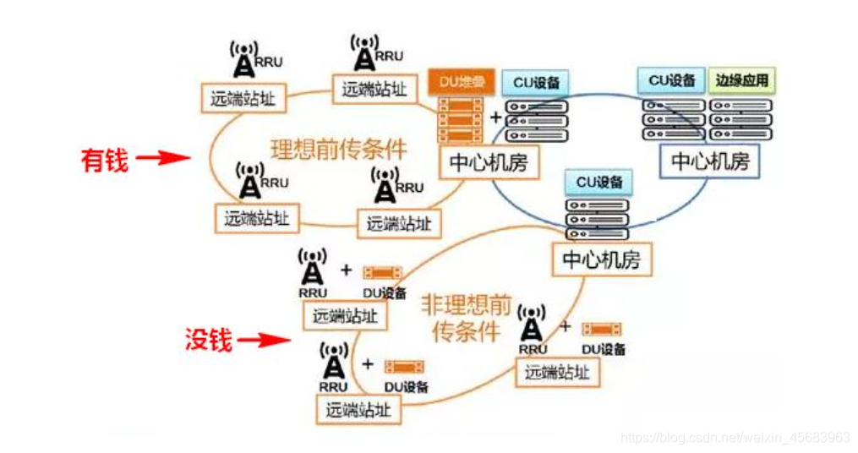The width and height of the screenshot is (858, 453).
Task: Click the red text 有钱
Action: [104, 159]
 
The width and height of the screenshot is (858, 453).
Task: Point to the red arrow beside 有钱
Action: [161, 157]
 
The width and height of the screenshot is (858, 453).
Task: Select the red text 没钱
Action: [207, 340]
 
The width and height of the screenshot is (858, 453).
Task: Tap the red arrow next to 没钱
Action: [261, 341]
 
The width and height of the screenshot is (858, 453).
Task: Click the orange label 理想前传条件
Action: [339, 149]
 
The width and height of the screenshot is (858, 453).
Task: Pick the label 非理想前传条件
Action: [466, 318]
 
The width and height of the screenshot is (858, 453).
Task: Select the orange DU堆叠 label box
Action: [461, 81]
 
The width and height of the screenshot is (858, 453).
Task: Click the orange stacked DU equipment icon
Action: [461, 119]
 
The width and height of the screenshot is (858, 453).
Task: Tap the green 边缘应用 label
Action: [742, 81]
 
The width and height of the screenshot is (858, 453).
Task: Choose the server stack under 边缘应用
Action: [742, 119]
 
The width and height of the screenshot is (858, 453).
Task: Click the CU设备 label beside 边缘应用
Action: [672, 80]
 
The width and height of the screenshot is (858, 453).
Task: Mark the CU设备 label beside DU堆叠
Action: [536, 83]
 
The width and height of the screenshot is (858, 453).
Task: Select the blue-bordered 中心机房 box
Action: [710, 160]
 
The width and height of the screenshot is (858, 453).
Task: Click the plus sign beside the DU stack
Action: [496, 117]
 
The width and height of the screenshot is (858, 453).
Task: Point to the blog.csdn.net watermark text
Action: [735, 438]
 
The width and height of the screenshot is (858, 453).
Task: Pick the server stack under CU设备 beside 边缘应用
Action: [673, 119]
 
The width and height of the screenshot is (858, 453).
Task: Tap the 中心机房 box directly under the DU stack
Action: [489, 161]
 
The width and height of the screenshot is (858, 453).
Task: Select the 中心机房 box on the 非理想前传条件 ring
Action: [602, 260]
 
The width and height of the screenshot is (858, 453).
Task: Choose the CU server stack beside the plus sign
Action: [536, 121]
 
